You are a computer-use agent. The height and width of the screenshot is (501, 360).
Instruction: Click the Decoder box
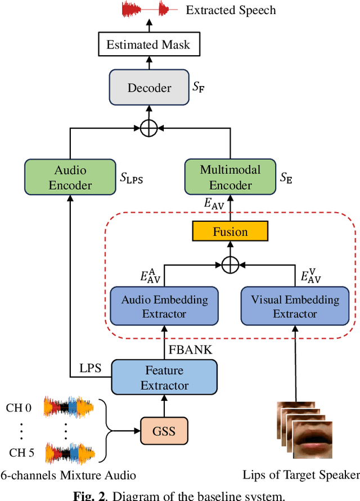point(149,88)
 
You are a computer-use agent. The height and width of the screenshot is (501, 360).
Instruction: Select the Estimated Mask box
point(148,45)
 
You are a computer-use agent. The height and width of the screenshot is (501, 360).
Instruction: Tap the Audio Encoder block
point(70,178)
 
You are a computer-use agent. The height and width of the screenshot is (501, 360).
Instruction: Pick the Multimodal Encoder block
point(230,177)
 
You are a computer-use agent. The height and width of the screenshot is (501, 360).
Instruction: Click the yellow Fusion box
point(230,231)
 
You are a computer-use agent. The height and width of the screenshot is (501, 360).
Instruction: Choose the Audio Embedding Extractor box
point(164,306)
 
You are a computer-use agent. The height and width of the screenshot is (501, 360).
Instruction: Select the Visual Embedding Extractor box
point(295,306)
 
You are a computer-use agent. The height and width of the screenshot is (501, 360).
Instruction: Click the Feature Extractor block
point(164,378)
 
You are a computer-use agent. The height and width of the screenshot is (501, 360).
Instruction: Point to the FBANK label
point(191,350)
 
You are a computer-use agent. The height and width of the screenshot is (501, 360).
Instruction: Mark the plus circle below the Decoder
point(148,128)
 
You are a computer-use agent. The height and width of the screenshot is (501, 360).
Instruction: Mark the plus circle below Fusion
point(230,264)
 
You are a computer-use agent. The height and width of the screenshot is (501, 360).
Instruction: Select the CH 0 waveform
point(70,407)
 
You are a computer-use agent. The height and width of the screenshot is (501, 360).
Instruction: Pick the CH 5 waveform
point(70,452)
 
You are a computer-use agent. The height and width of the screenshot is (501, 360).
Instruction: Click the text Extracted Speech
point(231,10)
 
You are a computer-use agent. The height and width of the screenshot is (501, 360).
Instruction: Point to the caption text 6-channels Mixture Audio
point(68,475)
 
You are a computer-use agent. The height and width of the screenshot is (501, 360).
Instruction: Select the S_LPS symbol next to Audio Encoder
point(132,178)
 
